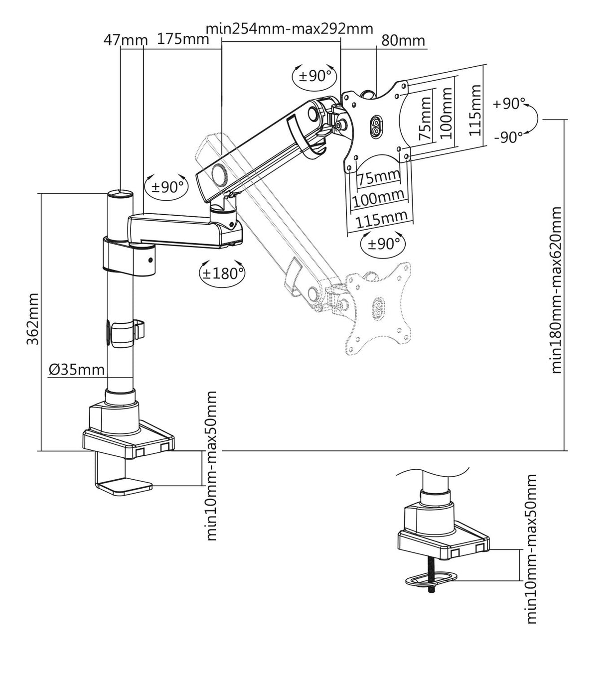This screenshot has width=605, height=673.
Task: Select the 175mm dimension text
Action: [x=183, y=39]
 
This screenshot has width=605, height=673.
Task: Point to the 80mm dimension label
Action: [x=403, y=40]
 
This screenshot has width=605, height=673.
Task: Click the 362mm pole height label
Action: [x=32, y=319]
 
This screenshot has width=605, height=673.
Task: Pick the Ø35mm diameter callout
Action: [x=77, y=370]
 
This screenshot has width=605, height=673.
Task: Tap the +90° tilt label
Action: [x=509, y=104]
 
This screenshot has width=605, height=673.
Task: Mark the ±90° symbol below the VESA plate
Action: [x=383, y=244]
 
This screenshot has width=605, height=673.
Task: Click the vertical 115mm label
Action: [x=475, y=111]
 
